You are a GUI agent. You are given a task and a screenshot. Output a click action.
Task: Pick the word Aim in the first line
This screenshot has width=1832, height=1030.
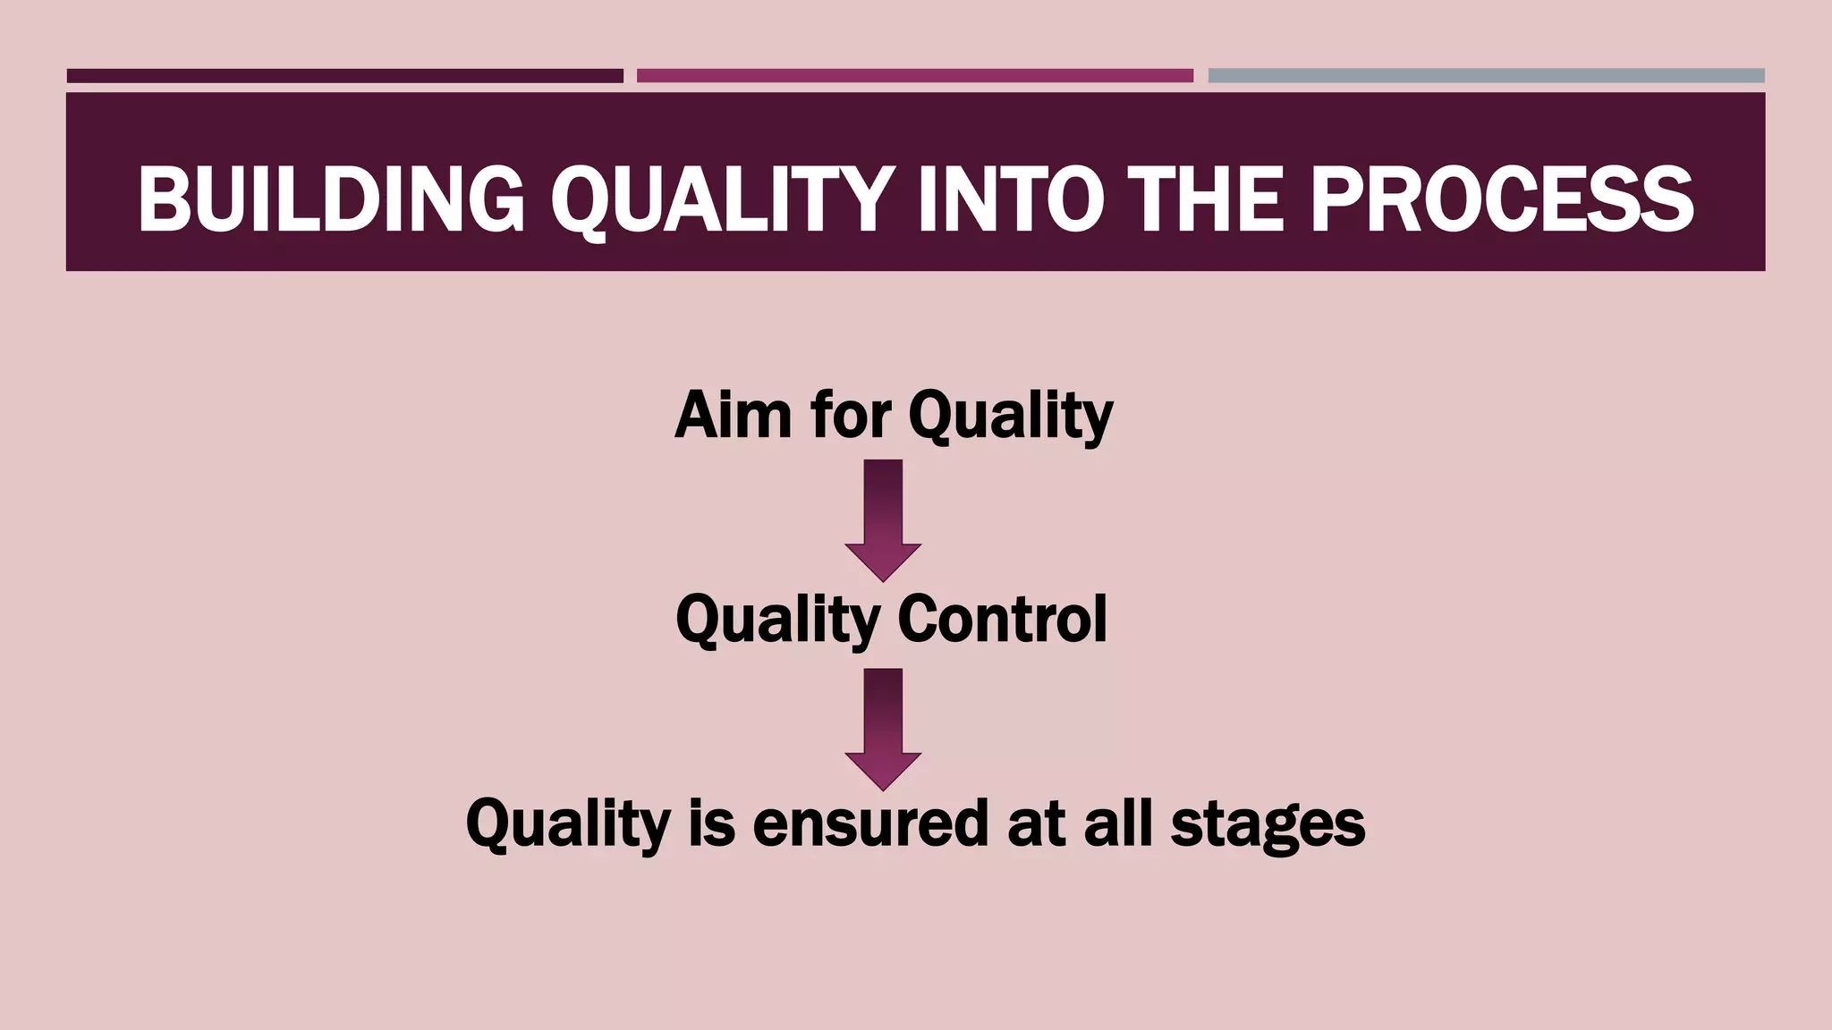tap(733, 416)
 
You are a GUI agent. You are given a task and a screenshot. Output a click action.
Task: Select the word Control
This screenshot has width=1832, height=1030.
tap(1002, 619)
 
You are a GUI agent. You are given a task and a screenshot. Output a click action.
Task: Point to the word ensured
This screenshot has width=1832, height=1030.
tap(870, 823)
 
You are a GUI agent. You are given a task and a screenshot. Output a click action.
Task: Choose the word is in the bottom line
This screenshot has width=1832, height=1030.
tap(711, 823)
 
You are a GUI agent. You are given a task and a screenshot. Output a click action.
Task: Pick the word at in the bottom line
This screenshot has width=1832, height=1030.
tap(1036, 823)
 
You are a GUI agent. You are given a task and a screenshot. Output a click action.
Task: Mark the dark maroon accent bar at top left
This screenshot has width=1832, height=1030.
tap(344, 76)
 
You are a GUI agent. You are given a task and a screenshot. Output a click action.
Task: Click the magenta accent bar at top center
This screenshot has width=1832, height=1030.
tap(914, 76)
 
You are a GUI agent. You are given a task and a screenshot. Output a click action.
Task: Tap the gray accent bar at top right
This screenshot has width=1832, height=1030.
tap(1486, 76)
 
